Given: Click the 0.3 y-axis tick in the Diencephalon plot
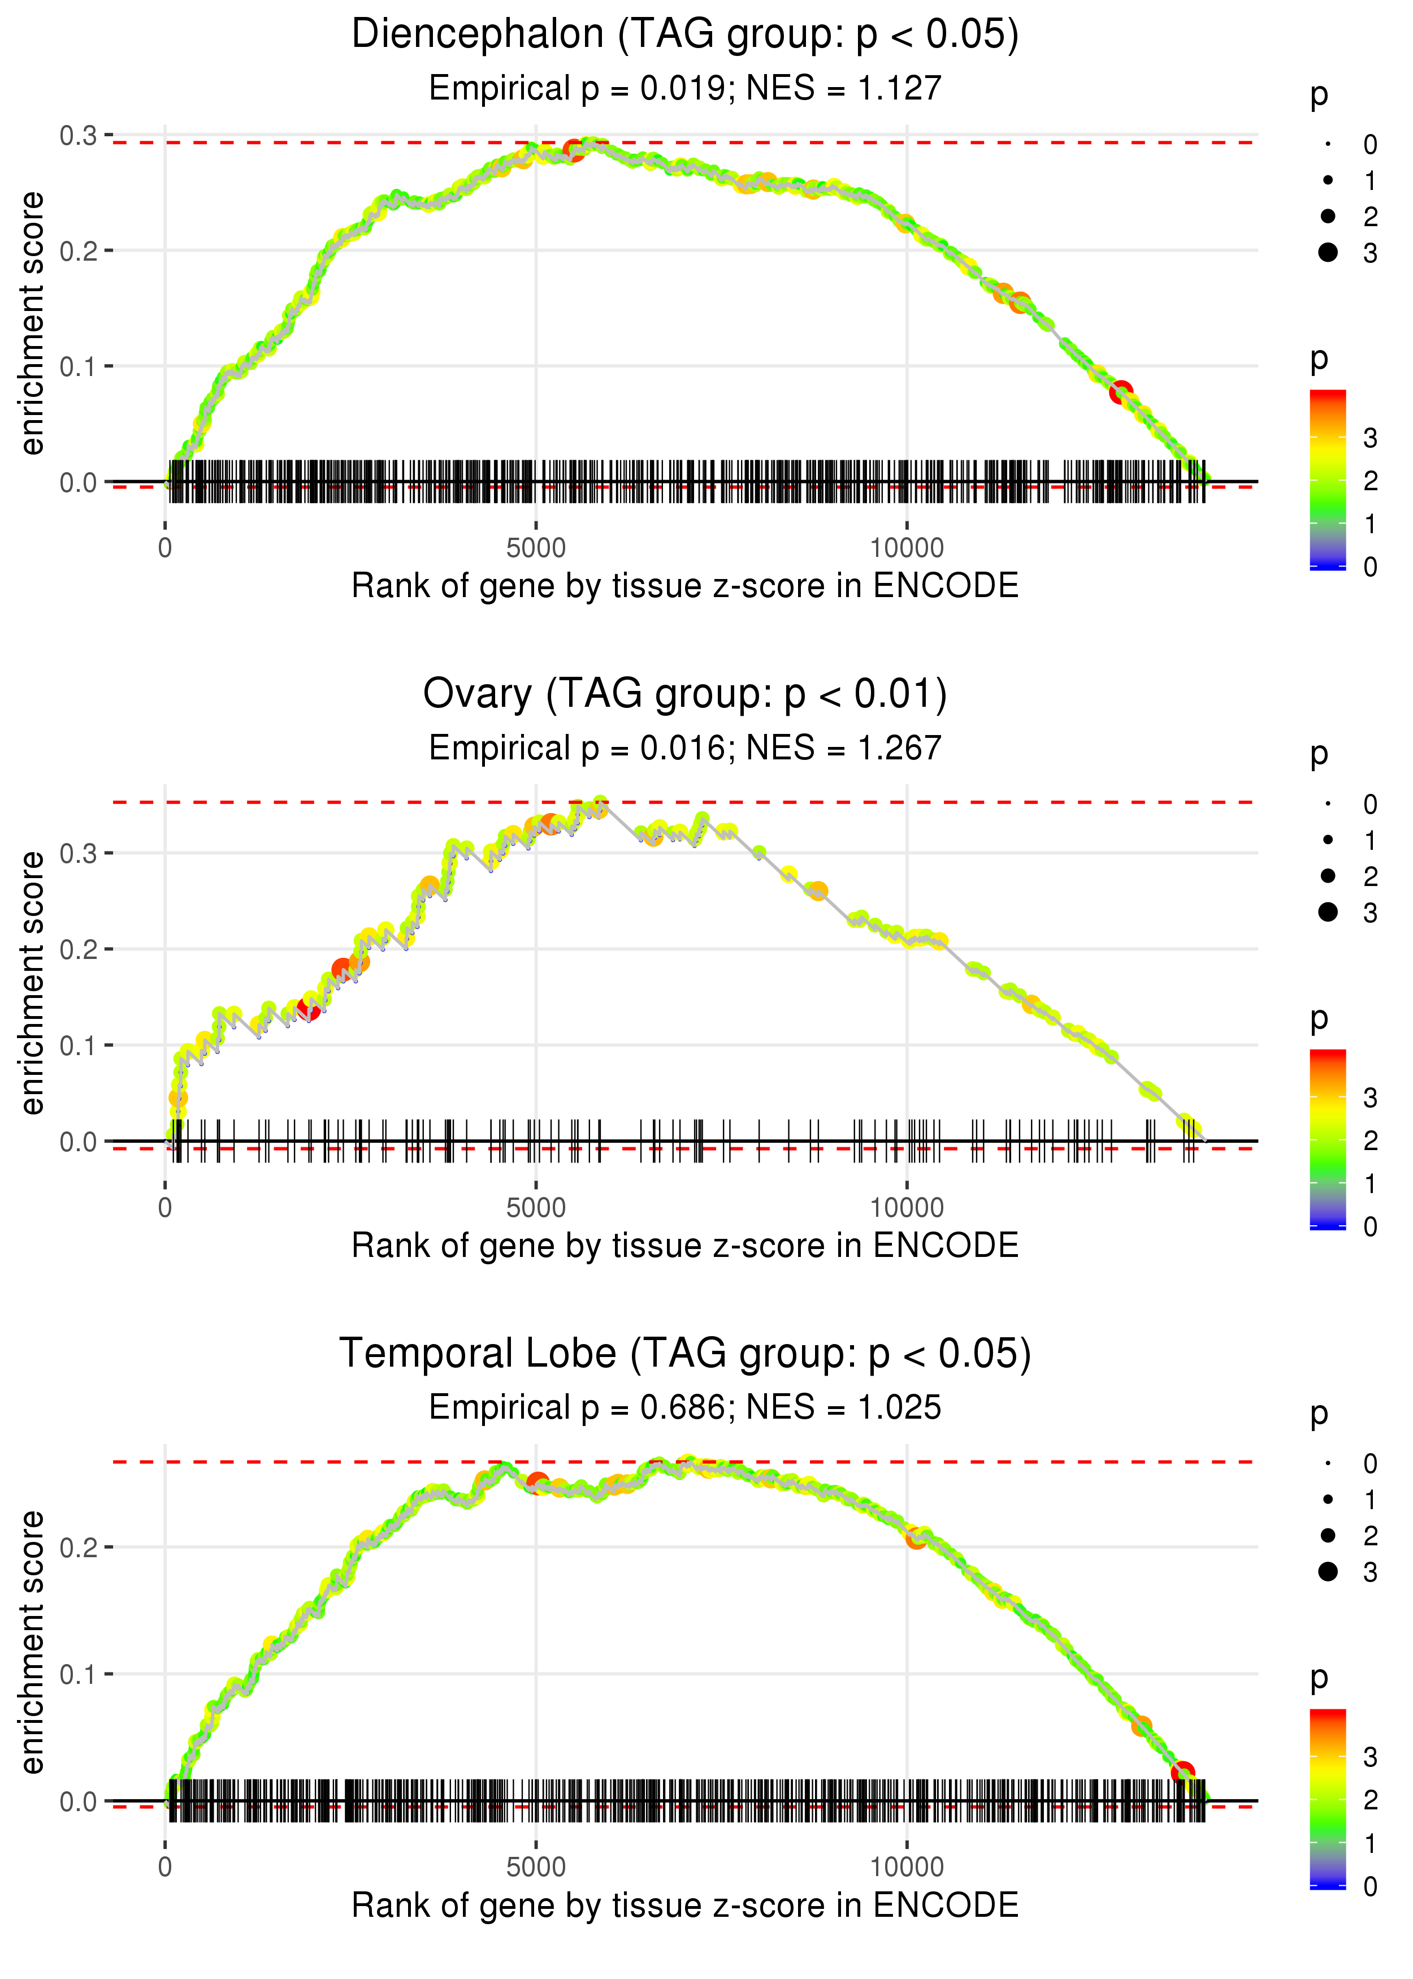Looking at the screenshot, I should point(79,136).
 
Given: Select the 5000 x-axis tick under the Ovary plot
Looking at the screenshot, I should point(536,1208).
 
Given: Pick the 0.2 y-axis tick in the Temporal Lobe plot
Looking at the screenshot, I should point(79,1548).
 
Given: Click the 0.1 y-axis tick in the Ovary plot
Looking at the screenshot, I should point(79,1045).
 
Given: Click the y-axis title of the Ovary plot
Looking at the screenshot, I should point(32,983).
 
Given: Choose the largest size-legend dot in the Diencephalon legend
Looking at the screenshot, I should point(1328,252).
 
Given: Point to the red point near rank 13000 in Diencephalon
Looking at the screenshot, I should point(1121,392).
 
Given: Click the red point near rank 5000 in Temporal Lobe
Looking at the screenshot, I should point(537,1482).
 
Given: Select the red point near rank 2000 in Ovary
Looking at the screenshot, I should point(308,1009).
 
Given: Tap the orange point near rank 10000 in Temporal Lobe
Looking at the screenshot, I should point(915,1539).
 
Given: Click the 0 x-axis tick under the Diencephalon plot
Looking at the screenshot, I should point(165,548).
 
